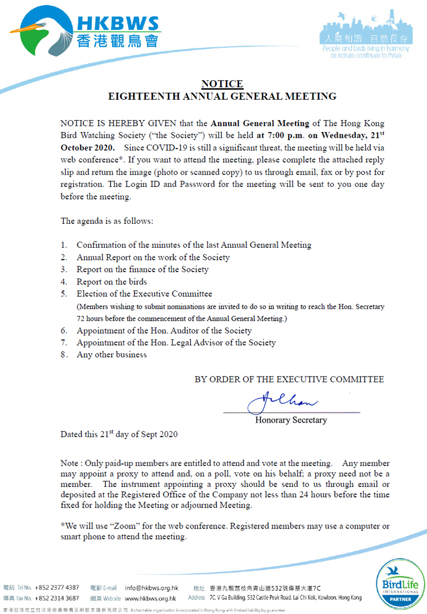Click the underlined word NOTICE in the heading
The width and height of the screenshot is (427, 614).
(222, 84)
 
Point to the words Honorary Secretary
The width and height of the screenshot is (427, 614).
(291, 420)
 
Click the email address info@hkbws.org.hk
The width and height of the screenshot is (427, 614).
(151, 587)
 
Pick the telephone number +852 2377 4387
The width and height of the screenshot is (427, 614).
(57, 587)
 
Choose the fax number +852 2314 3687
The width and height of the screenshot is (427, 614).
(57, 598)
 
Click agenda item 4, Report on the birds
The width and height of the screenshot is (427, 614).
(112, 282)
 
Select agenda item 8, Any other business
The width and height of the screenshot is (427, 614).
(112, 355)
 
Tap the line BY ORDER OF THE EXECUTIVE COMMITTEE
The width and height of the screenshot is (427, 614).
(289, 379)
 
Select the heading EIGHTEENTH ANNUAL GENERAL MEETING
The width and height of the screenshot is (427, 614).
(222, 96)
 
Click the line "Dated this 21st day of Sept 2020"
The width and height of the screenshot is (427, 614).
(119, 434)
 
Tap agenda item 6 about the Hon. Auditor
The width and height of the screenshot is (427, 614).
(164, 330)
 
